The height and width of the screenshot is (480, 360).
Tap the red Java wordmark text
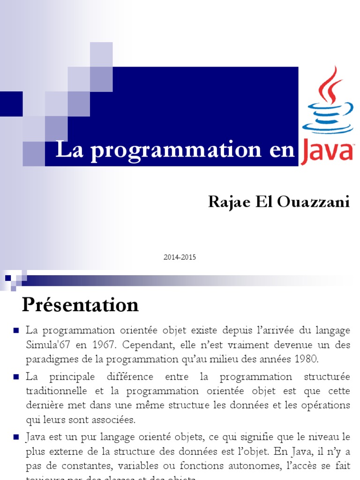[327, 152]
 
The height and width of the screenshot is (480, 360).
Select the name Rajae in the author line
[226, 202]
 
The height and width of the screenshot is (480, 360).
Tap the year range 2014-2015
[180, 257]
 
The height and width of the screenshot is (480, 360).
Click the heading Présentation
[80, 305]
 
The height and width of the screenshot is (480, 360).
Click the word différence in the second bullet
[119, 377]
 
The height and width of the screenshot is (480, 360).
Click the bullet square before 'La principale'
[16, 376]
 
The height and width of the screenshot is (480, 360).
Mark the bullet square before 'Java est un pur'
[16, 437]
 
